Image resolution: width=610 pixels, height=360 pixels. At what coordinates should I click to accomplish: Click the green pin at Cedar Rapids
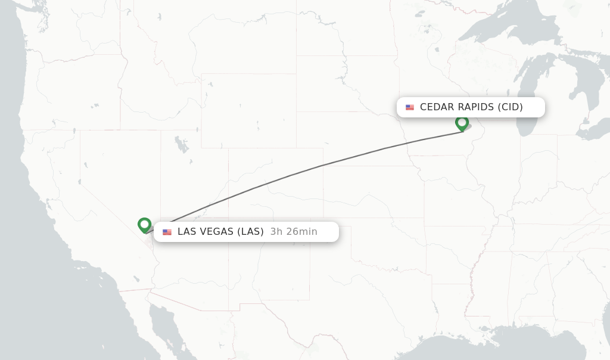[x=462, y=123]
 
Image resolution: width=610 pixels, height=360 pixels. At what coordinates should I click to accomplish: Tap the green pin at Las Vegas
[x=144, y=225]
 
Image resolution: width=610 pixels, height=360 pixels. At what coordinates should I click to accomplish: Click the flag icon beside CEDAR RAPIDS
[x=410, y=107]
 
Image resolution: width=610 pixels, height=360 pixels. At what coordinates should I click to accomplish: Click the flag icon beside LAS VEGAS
[x=167, y=232]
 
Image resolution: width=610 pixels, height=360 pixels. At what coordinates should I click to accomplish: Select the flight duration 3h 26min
[x=294, y=232]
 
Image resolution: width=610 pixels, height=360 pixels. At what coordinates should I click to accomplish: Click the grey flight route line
[x=322, y=166]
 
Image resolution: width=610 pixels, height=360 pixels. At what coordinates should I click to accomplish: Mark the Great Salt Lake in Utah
[x=179, y=144]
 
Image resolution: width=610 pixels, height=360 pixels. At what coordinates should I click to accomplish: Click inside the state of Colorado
[x=274, y=185]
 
